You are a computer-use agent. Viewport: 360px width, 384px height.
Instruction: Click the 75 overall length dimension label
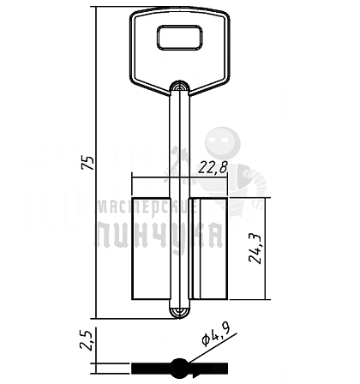[87, 163]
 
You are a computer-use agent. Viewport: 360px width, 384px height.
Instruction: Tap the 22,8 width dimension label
[213, 167]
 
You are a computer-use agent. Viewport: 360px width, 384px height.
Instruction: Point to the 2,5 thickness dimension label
[86, 340]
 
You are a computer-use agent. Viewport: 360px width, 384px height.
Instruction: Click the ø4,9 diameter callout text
[216, 336]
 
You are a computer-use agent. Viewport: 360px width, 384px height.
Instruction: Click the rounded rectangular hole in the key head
[179, 38]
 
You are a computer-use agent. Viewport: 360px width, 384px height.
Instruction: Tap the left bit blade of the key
[151, 249]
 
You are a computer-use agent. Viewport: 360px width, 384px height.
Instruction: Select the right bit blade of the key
[208, 249]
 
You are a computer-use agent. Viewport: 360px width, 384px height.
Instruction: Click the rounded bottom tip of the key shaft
[179, 313]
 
